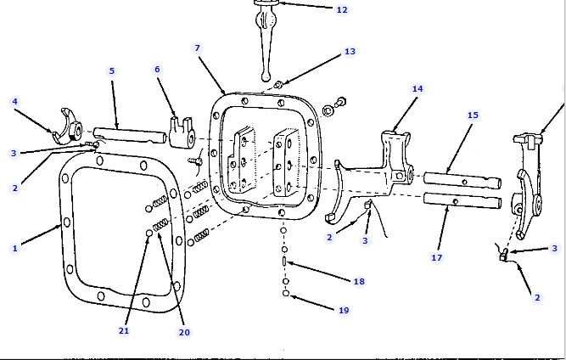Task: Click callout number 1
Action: (14, 249)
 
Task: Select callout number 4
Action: (14, 102)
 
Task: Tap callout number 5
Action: (111, 71)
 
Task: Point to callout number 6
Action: (157, 69)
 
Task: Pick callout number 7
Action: (198, 48)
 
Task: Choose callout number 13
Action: (350, 52)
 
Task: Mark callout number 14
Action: (417, 88)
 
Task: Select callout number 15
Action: (473, 115)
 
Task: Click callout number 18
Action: (359, 281)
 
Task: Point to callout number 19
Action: (343, 311)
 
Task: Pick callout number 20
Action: (184, 332)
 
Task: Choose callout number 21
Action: (124, 330)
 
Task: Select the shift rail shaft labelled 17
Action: (462, 203)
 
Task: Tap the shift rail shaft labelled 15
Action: (462, 180)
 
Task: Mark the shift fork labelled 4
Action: (66, 127)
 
